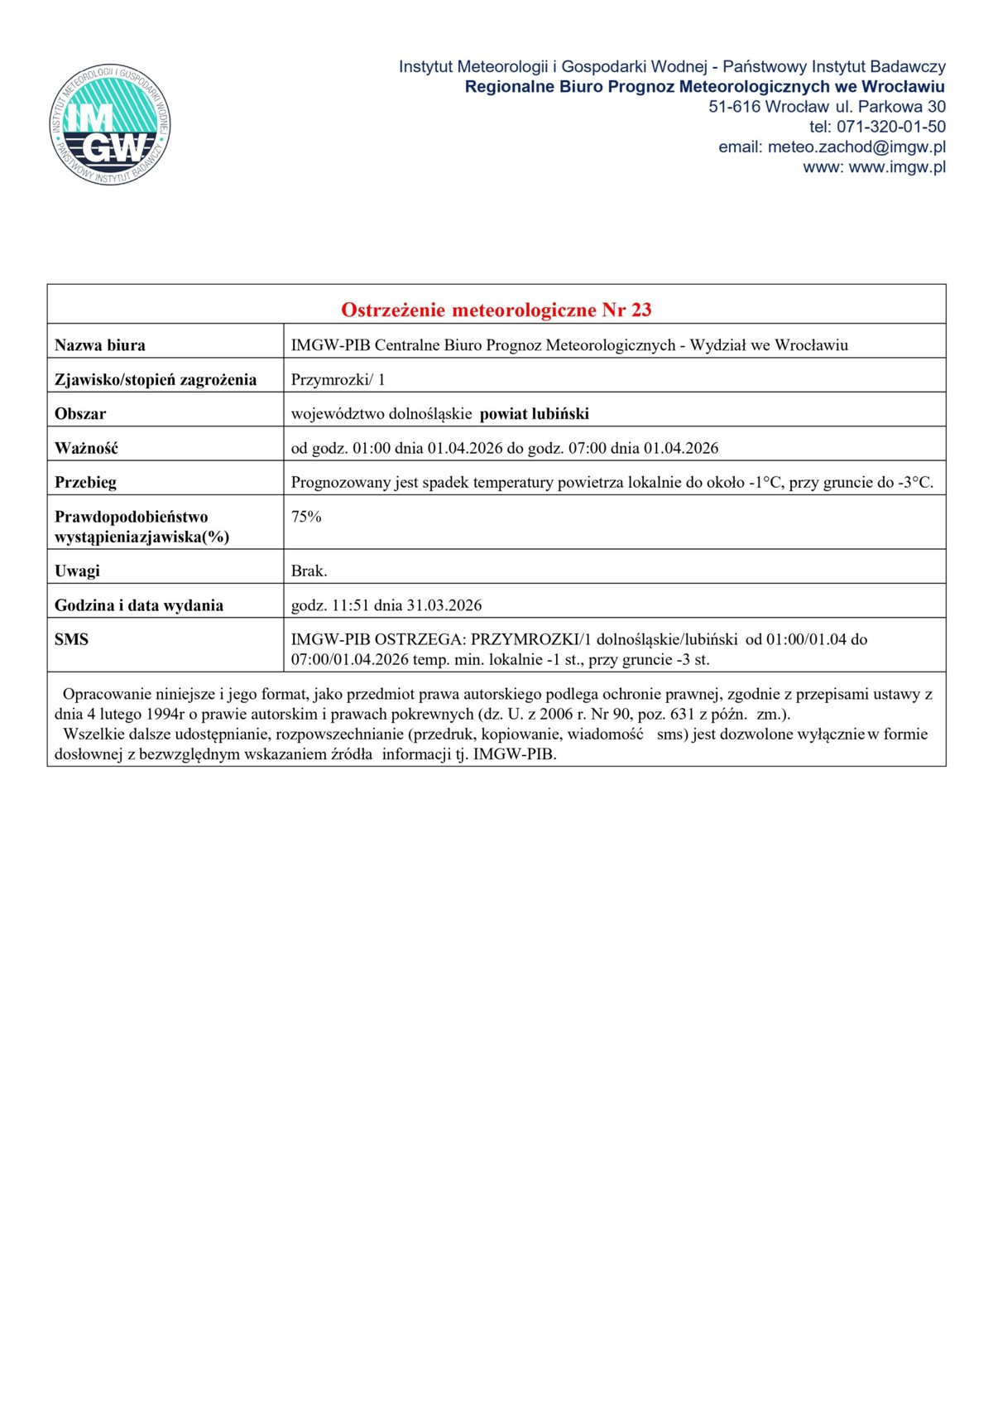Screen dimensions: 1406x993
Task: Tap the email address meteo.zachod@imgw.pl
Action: tap(856, 147)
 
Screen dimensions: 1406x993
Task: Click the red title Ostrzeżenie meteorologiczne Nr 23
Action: tap(496, 310)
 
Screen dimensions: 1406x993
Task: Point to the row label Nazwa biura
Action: tap(100, 345)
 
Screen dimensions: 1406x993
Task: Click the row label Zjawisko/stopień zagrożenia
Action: tap(156, 379)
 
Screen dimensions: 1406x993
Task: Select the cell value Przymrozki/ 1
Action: tap(338, 379)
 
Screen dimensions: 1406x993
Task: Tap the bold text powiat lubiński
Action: tap(535, 413)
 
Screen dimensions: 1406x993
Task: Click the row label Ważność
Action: tap(86, 448)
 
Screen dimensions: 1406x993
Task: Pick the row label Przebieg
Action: tap(85, 482)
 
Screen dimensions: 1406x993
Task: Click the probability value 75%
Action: tap(306, 517)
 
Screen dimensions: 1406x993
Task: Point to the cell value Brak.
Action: tap(309, 571)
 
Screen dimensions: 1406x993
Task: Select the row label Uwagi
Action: tap(77, 571)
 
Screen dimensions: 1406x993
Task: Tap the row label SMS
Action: tap(71, 639)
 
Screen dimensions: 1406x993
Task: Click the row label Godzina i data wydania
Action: tap(139, 605)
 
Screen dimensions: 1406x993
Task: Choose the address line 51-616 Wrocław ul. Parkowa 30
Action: tap(827, 107)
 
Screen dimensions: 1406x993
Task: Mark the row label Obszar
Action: tap(80, 413)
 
